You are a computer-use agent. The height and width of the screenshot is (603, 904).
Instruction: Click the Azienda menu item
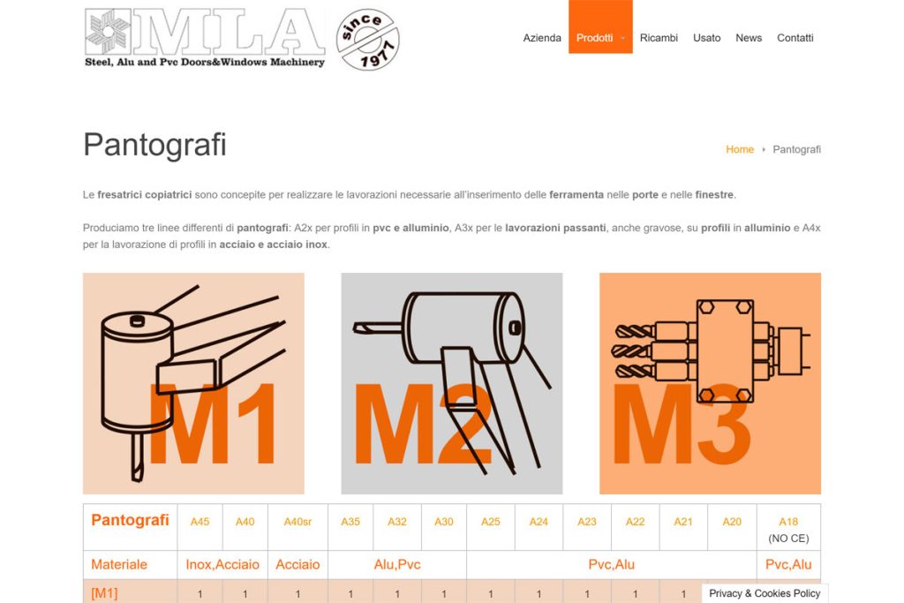pyautogui.click(x=542, y=38)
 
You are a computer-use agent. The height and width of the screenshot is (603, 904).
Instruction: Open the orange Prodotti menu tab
pyautogui.click(x=595, y=38)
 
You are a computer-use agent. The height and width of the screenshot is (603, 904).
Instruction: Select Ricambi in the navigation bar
pyautogui.click(x=659, y=38)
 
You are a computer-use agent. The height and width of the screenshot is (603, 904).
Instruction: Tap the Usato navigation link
pyautogui.click(x=706, y=38)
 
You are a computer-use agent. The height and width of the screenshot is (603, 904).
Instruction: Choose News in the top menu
pyautogui.click(x=749, y=38)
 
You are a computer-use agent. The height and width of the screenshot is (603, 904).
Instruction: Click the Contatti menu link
pyautogui.click(x=795, y=38)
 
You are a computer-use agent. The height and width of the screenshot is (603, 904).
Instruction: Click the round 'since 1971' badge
pyautogui.click(x=368, y=40)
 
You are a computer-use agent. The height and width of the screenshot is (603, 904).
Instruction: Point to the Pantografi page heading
pyautogui.click(x=154, y=145)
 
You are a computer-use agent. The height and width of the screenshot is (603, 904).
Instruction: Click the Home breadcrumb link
pyautogui.click(x=740, y=150)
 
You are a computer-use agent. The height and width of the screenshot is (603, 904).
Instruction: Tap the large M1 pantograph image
pyautogui.click(x=193, y=383)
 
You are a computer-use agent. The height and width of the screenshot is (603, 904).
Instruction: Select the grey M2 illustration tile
pyautogui.click(x=451, y=383)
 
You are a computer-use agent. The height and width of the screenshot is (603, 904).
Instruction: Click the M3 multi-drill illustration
pyautogui.click(x=710, y=383)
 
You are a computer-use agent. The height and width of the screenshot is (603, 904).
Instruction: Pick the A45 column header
pyautogui.click(x=200, y=522)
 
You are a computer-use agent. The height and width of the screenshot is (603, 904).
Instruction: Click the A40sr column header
pyautogui.click(x=298, y=522)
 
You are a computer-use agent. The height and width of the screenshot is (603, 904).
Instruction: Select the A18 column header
pyautogui.click(x=788, y=522)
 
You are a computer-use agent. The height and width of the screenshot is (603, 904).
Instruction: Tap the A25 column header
pyautogui.click(x=491, y=522)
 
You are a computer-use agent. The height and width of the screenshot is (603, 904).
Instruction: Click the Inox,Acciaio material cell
pyautogui.click(x=222, y=564)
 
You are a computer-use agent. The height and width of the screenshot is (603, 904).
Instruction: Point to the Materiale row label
pyautogui.click(x=119, y=564)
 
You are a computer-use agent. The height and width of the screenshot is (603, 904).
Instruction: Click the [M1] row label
pyautogui.click(x=104, y=593)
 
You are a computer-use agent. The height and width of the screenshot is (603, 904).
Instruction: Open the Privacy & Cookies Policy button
pyautogui.click(x=765, y=593)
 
